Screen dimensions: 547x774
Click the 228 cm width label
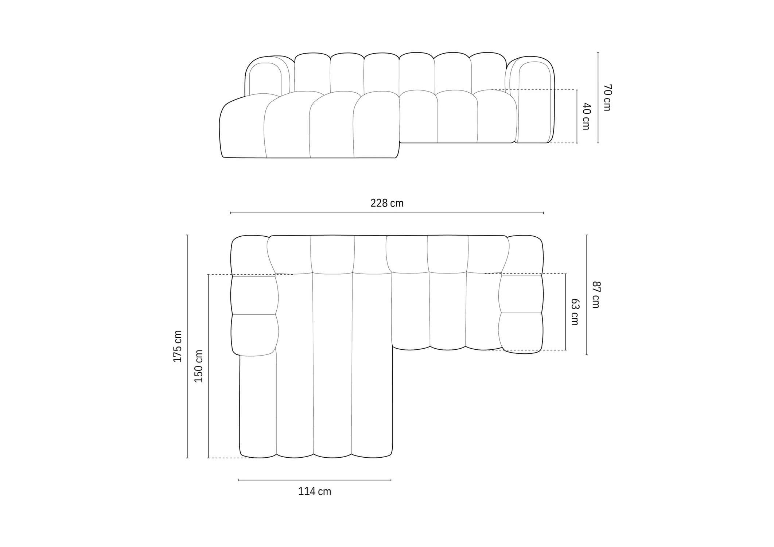coord(387,203)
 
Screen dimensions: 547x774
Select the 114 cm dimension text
coord(315,492)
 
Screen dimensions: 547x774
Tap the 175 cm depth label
coord(178,346)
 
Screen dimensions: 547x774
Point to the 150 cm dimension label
coord(199,366)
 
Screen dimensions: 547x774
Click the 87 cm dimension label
coord(596,295)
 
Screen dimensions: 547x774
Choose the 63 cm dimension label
coord(575,312)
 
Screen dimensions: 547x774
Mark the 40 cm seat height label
coord(586,116)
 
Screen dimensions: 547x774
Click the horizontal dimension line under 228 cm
coord(387,213)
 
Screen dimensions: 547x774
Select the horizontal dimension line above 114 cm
coord(315,480)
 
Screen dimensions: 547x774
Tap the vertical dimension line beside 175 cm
coord(187,346)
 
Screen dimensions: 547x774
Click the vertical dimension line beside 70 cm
coord(598,97)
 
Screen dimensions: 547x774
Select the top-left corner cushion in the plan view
coord(250,255)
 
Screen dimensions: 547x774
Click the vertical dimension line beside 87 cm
coord(587,295)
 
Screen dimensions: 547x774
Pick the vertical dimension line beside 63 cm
coord(566,312)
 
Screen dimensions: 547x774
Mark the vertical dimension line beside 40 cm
coord(577,116)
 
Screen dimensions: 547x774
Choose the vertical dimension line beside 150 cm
coord(208,366)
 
